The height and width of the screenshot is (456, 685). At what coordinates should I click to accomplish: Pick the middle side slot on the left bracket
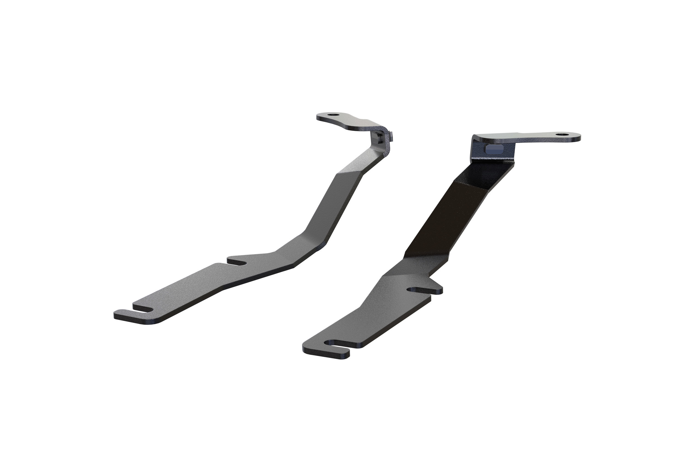(237, 262)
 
